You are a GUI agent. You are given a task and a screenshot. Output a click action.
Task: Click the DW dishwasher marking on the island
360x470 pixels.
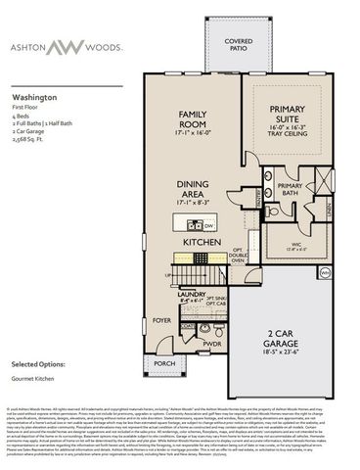click(208, 225)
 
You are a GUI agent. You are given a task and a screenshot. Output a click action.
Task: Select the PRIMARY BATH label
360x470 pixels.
click(290, 190)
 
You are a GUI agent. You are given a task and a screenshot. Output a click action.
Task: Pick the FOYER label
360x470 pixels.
click(160, 319)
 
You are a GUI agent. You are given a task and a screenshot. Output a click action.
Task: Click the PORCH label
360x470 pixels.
click(162, 363)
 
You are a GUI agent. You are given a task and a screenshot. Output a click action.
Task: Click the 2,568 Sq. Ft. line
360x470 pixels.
click(32, 141)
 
